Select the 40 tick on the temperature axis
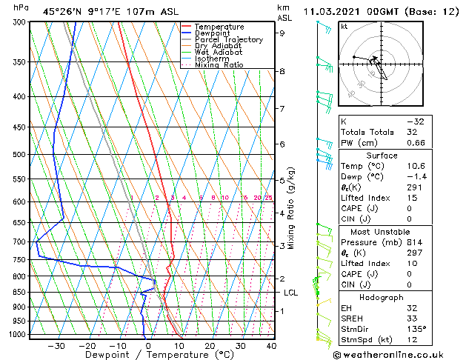[271, 346]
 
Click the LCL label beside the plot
[291, 293]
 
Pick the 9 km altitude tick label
[282, 33]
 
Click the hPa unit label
[21, 7]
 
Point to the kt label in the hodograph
[344, 27]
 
